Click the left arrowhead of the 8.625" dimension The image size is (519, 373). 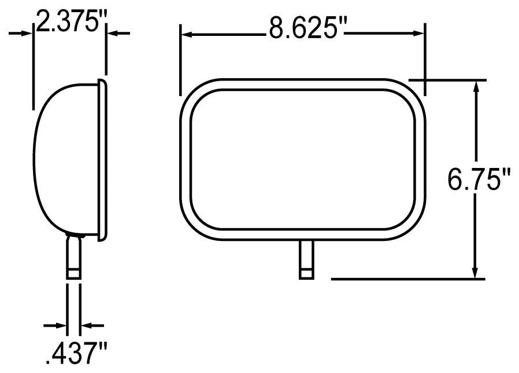(187, 34)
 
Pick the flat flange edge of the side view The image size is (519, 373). (103, 159)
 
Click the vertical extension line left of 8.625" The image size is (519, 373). (180, 58)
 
